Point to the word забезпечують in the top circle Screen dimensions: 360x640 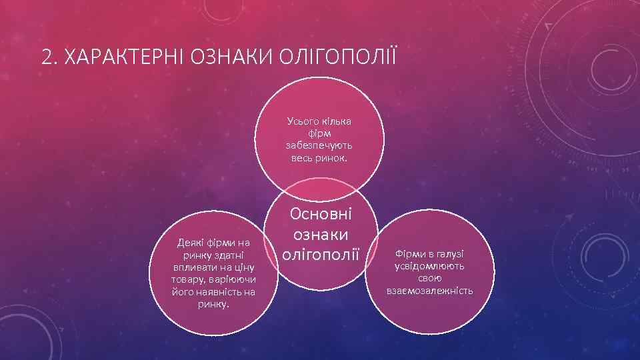point(320,146)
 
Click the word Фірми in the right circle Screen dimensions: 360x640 point(409,255)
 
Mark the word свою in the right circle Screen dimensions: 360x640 point(430,279)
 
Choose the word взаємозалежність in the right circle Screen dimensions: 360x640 point(430,291)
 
